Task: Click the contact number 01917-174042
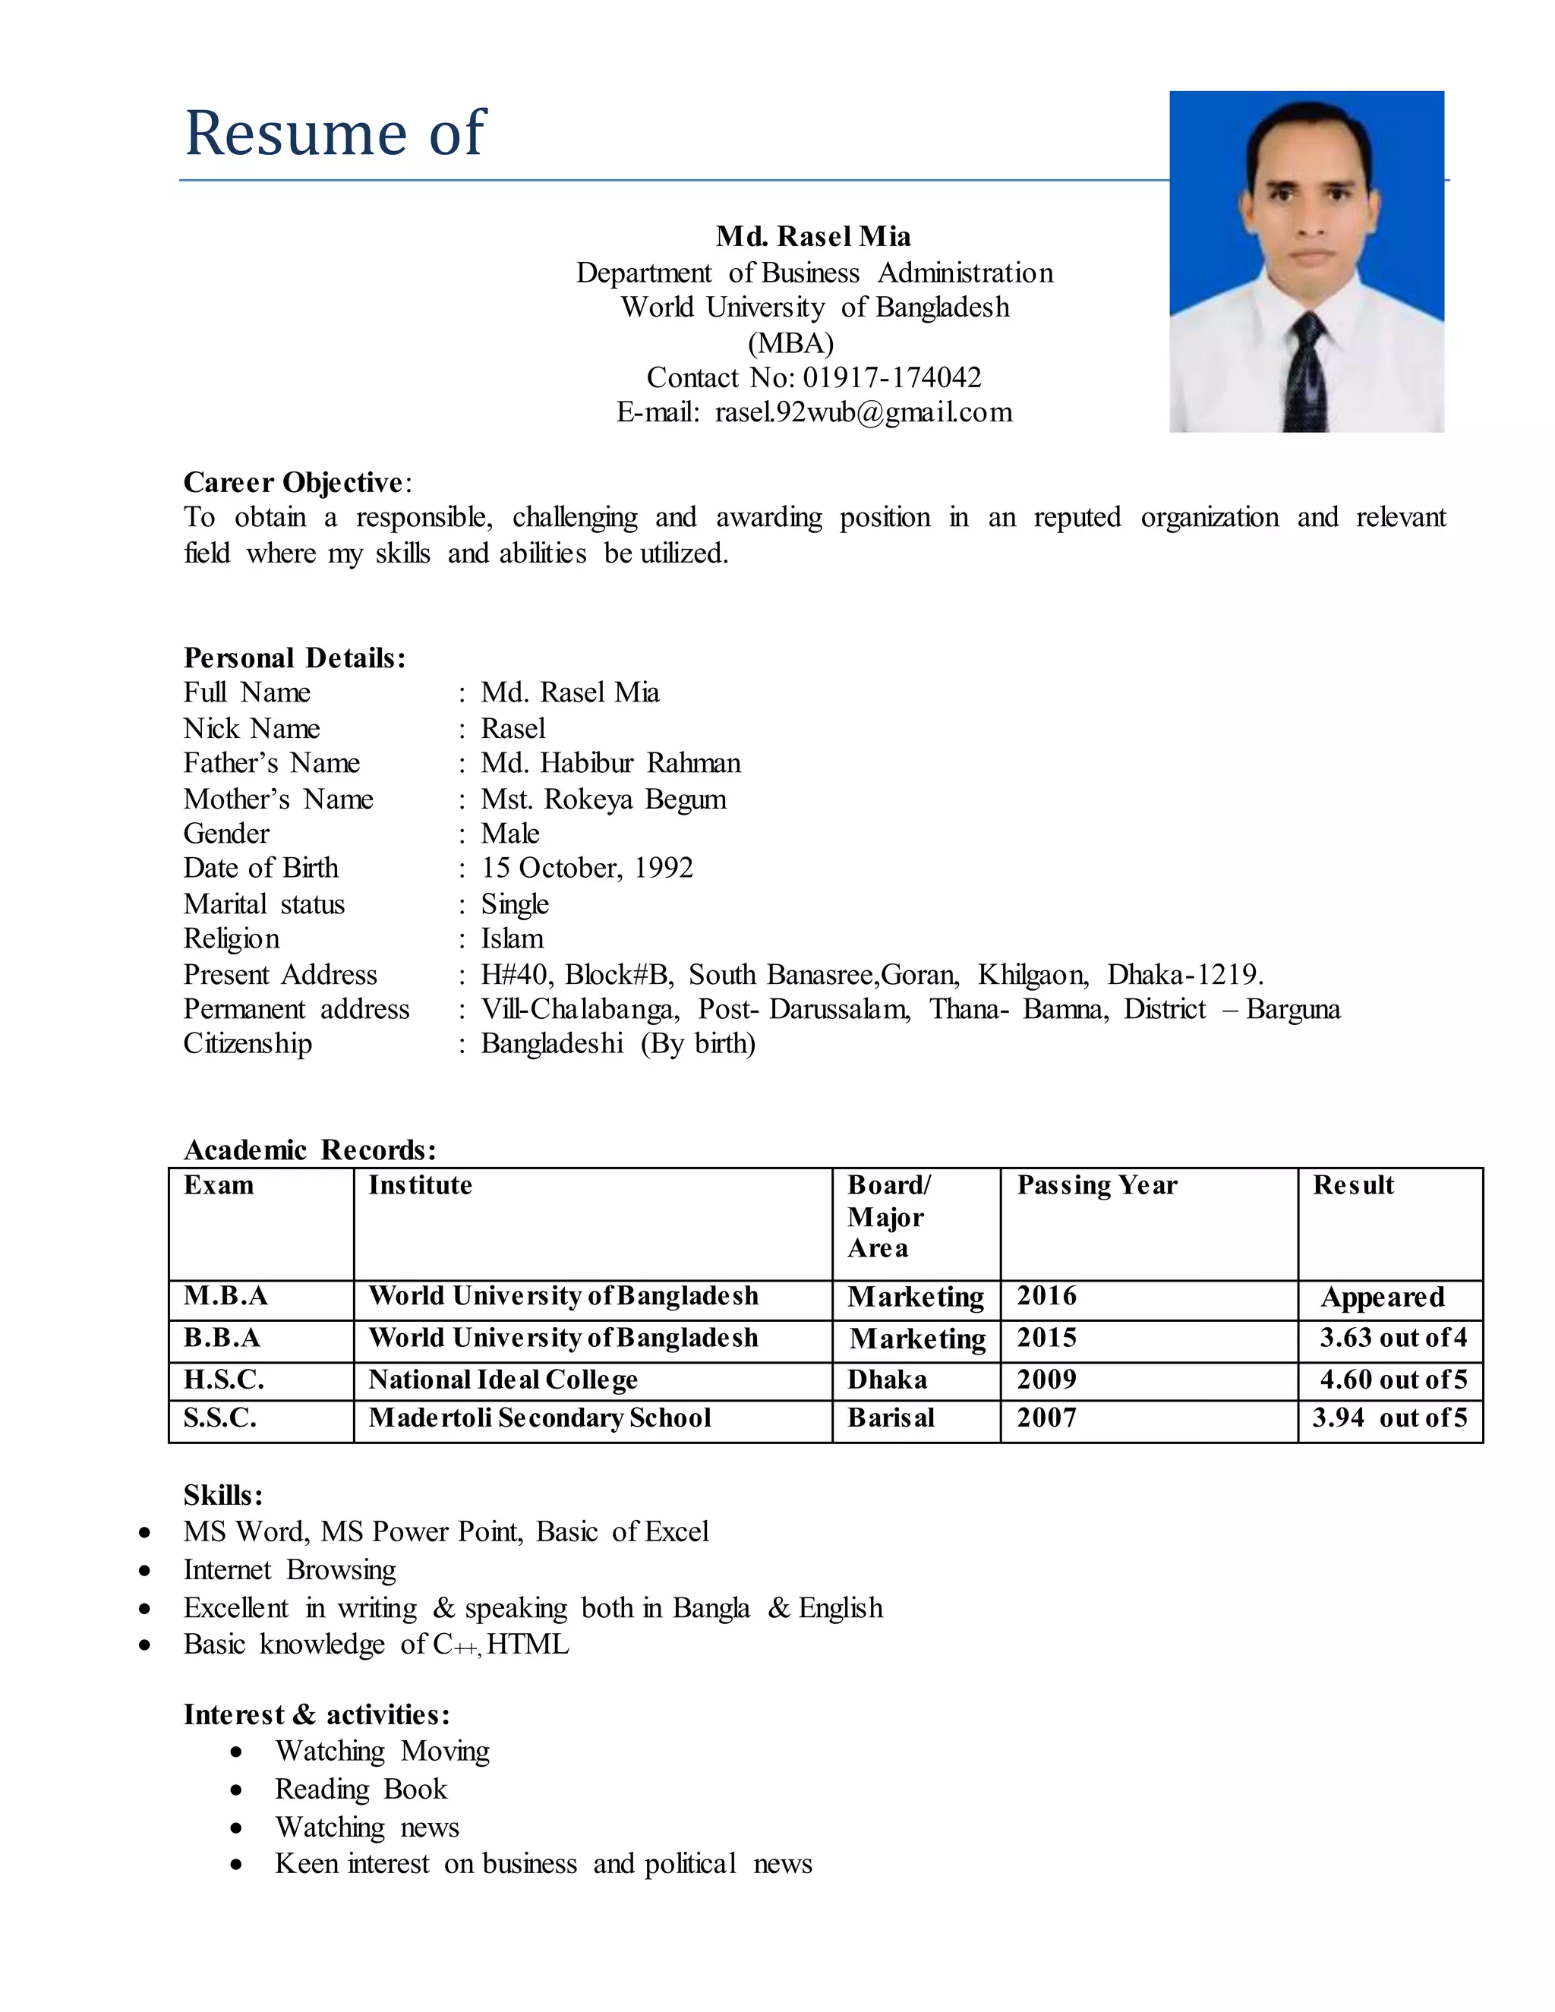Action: coord(891,377)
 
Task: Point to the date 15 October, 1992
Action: coord(587,868)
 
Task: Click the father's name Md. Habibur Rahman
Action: coord(610,763)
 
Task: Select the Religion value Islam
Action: coord(513,938)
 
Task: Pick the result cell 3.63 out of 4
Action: coord(1392,1338)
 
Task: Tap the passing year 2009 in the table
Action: coord(1046,1379)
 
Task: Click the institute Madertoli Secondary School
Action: coord(540,1417)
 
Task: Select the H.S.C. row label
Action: coord(224,1379)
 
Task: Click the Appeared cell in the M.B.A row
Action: coord(1382,1297)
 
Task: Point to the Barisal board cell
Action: coord(891,1417)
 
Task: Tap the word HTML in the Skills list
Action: coord(528,1645)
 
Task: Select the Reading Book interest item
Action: coord(360,1789)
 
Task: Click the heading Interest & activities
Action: coord(316,1714)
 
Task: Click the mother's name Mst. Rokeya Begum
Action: coord(604,799)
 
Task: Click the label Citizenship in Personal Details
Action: coord(247,1044)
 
